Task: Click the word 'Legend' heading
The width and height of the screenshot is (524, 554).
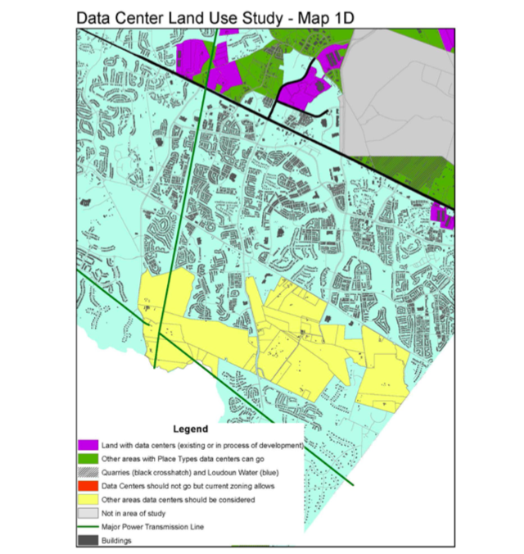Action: [x=191, y=429]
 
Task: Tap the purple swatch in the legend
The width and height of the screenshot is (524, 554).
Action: [x=87, y=445]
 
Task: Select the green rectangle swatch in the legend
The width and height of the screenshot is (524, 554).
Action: [x=87, y=459]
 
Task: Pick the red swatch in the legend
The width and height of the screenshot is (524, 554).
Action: [x=87, y=486]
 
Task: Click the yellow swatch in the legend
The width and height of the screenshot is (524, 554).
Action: [x=87, y=500]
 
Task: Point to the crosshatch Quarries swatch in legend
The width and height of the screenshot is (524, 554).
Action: [x=87, y=473]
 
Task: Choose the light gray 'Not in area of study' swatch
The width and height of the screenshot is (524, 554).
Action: [x=87, y=514]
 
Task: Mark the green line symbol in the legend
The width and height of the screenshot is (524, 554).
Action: [x=87, y=527]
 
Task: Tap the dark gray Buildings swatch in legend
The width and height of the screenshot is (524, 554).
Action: [x=87, y=541]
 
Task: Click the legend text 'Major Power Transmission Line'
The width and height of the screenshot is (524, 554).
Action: [x=153, y=527]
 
